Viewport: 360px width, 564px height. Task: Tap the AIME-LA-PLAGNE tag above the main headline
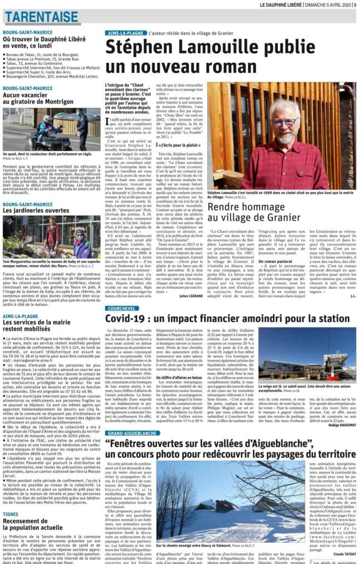127,33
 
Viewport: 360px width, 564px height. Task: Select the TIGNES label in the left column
11,513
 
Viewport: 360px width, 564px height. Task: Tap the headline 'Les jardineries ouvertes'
36,211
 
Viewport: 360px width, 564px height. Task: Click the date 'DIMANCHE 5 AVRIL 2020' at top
328,4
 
